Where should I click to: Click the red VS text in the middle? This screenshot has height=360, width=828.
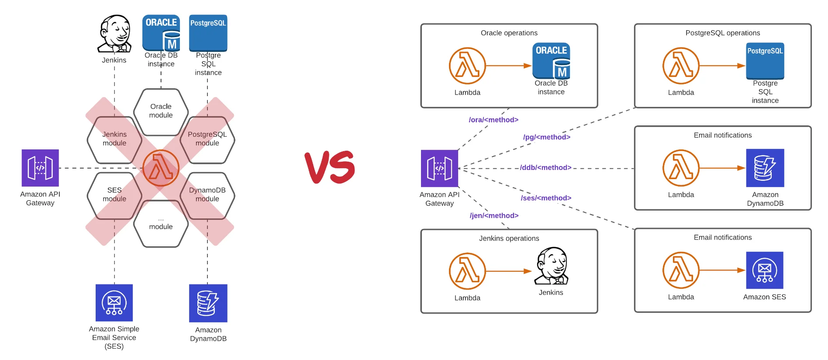tap(330, 167)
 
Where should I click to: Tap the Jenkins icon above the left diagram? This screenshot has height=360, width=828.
tap(114, 34)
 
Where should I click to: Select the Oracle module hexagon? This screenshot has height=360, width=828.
tap(161, 111)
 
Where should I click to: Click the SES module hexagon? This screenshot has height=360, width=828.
tap(114, 195)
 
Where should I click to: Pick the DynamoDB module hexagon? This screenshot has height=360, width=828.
tap(207, 195)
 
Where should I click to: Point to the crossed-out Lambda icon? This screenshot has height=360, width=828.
tap(161, 168)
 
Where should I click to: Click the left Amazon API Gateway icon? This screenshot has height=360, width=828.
tap(40, 168)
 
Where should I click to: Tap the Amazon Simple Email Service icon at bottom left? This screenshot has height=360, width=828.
tap(114, 303)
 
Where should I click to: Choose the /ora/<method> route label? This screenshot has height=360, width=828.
tap(493, 120)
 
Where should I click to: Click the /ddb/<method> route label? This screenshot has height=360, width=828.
tap(545, 168)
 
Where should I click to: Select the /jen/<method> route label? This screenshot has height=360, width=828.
tap(494, 215)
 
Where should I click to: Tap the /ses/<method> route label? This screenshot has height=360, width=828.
tap(546, 198)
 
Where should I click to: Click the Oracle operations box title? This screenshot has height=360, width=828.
tap(509, 33)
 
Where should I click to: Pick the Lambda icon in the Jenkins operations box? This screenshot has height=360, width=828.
tap(467, 271)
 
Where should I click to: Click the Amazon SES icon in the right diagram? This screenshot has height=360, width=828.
tap(764, 270)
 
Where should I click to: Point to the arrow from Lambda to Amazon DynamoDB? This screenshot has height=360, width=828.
tap(722, 168)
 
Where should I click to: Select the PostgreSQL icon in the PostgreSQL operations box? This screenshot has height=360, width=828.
tap(765, 61)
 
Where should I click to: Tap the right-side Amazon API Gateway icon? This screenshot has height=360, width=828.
tap(439, 169)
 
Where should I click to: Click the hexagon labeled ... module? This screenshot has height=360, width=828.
tap(161, 224)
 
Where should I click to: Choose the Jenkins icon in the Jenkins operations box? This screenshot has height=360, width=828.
tap(552, 266)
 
